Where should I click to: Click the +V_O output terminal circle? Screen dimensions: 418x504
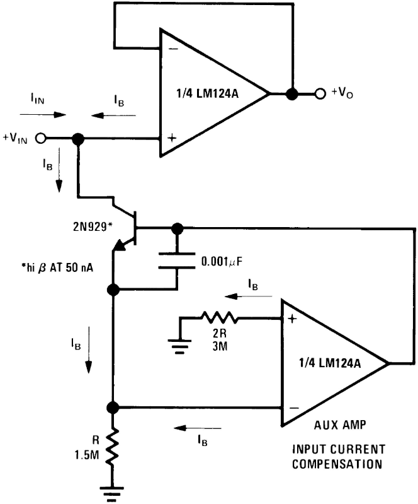point(320,94)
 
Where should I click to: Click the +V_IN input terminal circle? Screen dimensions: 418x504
point(40,139)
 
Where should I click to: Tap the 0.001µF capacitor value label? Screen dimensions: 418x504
point(222,262)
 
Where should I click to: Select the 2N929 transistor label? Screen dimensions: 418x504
point(93,227)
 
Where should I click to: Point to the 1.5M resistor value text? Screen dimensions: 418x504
point(87,455)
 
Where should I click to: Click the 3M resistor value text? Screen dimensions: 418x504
point(220,346)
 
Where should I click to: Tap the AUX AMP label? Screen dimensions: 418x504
point(340,425)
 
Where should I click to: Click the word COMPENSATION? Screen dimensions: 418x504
point(337,464)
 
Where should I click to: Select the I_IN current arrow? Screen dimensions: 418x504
point(43,114)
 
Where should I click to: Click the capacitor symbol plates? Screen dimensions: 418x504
point(177,261)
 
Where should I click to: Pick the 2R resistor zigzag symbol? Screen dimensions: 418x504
point(220,317)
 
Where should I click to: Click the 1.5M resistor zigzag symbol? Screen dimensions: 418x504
point(113,448)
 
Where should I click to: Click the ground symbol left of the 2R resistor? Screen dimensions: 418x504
point(179,346)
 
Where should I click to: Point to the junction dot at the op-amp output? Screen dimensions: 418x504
point(292,94)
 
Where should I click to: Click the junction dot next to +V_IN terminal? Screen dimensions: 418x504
point(77,139)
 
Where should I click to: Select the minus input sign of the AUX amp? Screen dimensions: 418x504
point(294,408)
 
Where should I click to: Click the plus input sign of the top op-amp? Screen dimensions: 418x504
point(172,138)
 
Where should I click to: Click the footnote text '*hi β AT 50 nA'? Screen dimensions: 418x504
point(57,267)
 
